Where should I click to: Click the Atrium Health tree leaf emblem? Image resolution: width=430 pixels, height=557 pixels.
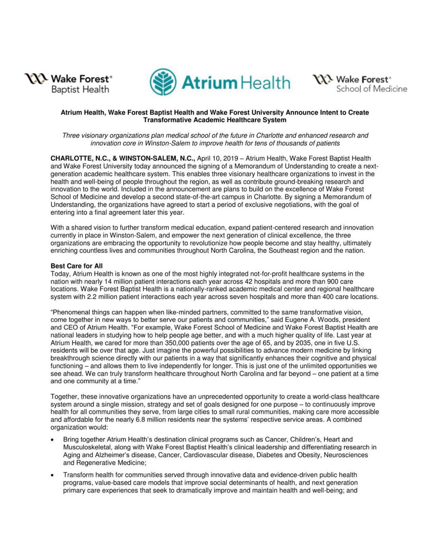point(163,82)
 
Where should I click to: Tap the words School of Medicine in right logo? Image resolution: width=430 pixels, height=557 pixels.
point(371,89)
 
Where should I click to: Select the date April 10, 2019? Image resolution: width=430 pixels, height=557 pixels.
point(220,158)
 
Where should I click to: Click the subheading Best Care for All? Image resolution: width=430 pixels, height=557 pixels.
point(76,266)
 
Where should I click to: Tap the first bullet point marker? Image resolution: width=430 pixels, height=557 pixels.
point(52,440)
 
